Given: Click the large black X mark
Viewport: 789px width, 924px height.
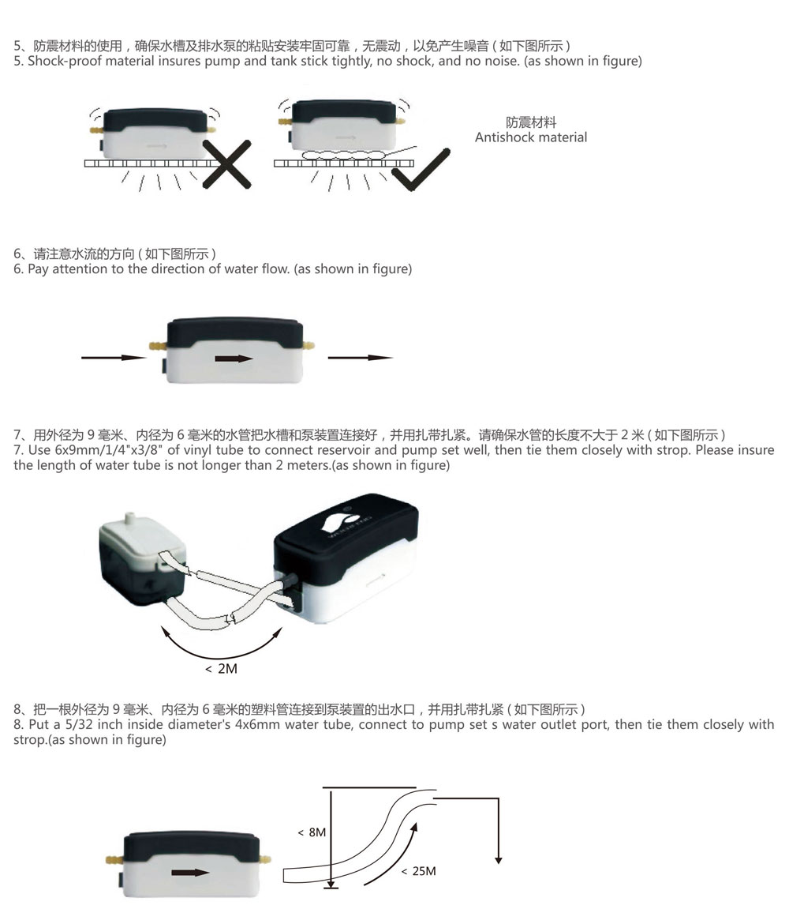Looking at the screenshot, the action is point(226,164).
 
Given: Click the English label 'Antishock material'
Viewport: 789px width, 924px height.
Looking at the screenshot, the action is point(531,137).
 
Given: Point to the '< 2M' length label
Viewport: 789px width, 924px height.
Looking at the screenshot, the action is point(222,669).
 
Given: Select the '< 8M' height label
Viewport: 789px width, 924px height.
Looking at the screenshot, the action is point(312,832).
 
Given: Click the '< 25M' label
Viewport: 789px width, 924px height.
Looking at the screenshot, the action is point(419,871).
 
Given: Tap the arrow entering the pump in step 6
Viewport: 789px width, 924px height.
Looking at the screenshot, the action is point(114,357).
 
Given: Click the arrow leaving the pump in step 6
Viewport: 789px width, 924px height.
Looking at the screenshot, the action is point(360,357).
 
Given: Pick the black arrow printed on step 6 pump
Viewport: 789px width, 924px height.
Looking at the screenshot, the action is point(234,359).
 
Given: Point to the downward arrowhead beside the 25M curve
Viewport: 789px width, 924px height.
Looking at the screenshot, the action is point(498,860).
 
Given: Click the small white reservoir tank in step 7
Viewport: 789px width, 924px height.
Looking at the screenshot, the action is point(143,554).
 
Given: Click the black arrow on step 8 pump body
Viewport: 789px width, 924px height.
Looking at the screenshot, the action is point(190,873).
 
